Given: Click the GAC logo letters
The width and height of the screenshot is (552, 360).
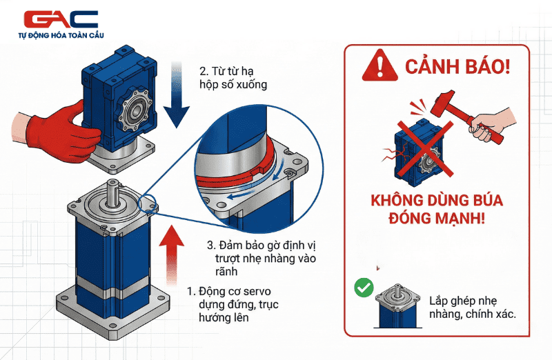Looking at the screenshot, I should pyautogui.click(x=61, y=19).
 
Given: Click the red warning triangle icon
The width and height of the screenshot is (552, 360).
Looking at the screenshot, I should pyautogui.click(x=375, y=66).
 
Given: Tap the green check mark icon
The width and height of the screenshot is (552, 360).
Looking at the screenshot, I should pyautogui.click(x=363, y=288).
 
